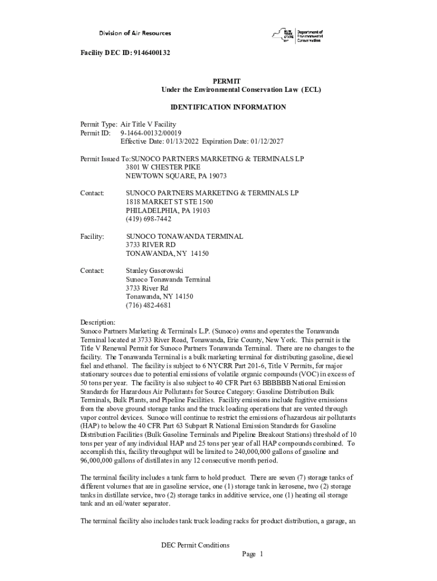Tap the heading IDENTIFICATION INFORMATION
pos(228,107)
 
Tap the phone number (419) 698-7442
pos(148,219)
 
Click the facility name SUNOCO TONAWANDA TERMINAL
pos(184,236)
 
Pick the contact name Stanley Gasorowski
pos(154,271)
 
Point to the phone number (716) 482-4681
pos(148,305)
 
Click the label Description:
pos(98,322)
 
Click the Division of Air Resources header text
pos(135,33)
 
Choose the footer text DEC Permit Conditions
pos(195,545)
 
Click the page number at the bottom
pos(253,554)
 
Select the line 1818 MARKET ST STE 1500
pos(169,202)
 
